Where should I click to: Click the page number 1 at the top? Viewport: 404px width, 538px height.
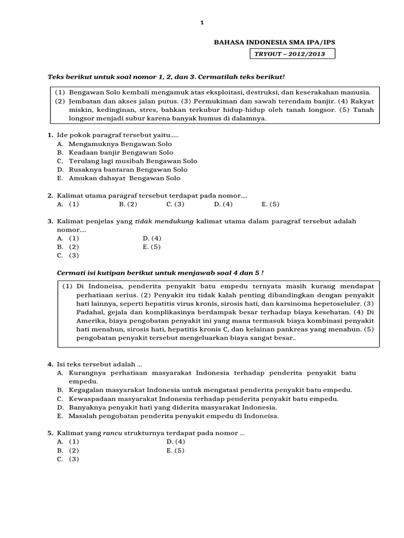click(202, 23)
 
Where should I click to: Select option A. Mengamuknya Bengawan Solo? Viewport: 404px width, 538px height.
click(114, 144)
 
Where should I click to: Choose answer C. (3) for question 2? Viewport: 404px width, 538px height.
click(175, 204)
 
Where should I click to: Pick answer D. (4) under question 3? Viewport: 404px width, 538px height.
click(151, 238)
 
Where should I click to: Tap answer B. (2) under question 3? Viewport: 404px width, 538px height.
click(68, 246)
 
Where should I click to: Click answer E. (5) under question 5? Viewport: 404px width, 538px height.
click(175, 450)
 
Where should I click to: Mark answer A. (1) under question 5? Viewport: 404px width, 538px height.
click(68, 442)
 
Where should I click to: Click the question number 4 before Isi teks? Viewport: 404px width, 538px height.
click(49, 364)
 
